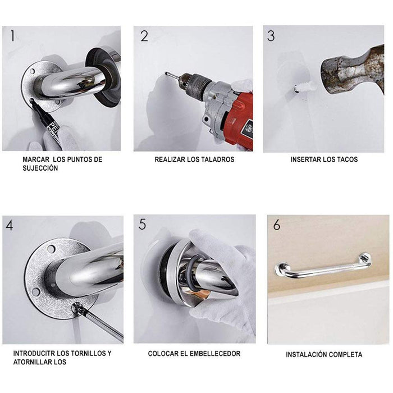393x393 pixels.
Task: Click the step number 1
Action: (x=12, y=36)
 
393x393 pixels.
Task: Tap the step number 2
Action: (x=144, y=36)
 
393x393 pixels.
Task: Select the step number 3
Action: (x=271, y=36)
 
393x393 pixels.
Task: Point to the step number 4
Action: (x=10, y=226)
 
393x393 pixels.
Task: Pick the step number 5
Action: (x=143, y=225)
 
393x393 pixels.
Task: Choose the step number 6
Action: (x=276, y=225)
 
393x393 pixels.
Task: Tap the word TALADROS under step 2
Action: (x=216, y=159)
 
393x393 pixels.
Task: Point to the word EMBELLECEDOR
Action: (x=213, y=354)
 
